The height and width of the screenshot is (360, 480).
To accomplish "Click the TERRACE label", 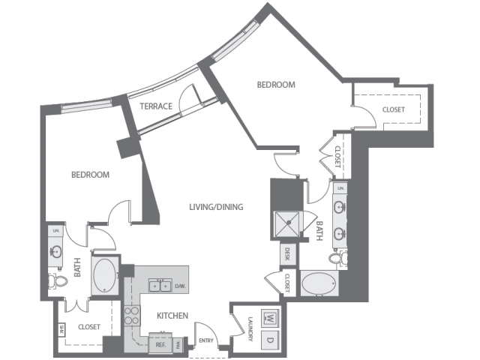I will [156, 106].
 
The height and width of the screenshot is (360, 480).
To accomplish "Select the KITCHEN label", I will [172, 316].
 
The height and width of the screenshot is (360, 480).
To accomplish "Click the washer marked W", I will [268, 317].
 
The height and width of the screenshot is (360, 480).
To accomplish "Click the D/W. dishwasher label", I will [179, 286].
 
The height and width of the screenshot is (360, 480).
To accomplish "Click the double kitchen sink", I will [158, 285].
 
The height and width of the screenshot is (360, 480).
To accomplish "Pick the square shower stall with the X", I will [286, 221].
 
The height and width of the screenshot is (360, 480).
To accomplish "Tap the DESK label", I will [286, 255].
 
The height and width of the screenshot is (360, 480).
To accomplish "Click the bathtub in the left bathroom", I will [104, 275].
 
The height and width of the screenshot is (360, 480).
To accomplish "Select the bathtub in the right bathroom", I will [318, 285].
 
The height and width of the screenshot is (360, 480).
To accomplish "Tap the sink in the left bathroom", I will [57, 250].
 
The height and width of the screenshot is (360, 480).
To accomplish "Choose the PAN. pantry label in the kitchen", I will [178, 344].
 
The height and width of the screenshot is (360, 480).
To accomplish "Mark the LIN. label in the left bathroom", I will [55, 230].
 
